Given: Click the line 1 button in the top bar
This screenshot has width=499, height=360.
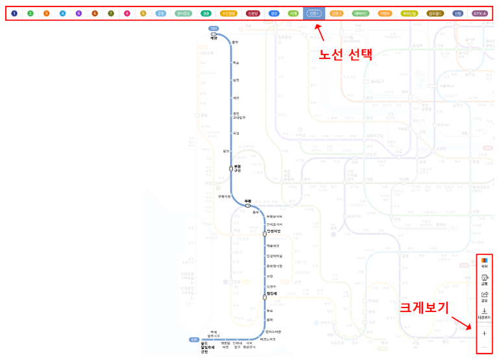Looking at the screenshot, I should pyautogui.click(x=14, y=13).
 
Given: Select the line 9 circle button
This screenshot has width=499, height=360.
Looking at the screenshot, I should pyautogui.click(x=143, y=13).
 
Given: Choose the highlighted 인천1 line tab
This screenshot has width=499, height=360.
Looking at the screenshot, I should pyautogui.click(x=314, y=13).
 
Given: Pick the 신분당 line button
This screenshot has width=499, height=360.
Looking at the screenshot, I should pyautogui.click(x=252, y=13).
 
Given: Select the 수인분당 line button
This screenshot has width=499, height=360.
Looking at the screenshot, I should pyautogui.click(x=228, y=13).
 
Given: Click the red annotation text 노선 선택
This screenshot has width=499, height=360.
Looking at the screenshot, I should pyautogui.click(x=345, y=54).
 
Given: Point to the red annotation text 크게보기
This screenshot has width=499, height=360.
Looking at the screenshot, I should pyautogui.click(x=423, y=306).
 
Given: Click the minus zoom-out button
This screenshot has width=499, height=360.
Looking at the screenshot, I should pyautogui.click(x=484, y=349).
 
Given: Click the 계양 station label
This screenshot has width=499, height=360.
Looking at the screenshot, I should pyautogui.click(x=213, y=38).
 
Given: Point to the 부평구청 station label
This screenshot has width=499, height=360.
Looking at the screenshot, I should pyautogui.click(x=237, y=169).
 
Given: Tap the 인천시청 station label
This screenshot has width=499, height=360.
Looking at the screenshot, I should pyautogui.click(x=274, y=231).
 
